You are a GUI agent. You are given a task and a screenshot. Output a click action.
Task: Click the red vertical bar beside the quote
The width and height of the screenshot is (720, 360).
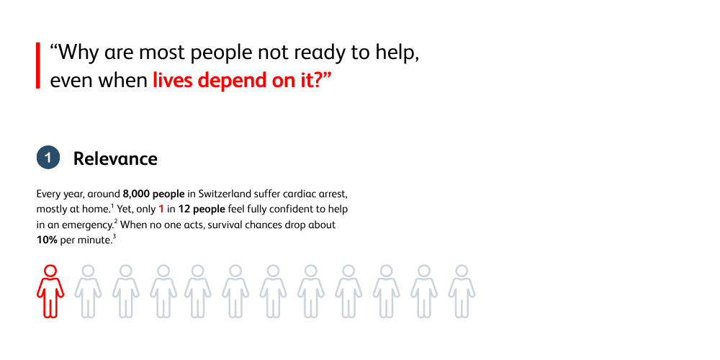click(38, 66)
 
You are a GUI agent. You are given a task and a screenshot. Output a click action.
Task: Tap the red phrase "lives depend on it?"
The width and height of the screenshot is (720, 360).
click(241, 81)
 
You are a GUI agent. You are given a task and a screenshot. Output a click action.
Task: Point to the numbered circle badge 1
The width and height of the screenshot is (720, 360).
click(48, 158)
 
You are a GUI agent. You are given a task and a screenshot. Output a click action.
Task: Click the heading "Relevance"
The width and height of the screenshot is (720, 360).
click(115, 158)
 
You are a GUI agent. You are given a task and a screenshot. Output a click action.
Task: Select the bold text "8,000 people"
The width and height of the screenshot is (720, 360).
click(154, 193)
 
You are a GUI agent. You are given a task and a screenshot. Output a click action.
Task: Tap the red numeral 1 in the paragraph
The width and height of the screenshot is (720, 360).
click(161, 210)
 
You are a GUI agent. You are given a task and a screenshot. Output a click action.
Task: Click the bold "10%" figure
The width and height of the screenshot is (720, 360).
click(47, 240)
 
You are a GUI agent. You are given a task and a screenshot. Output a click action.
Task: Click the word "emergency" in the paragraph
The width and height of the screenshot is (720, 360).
click(89, 225)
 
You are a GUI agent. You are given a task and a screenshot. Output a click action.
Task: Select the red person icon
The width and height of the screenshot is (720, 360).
click(50, 291)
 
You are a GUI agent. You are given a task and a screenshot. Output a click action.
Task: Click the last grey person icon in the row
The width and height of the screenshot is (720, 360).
click(462, 291)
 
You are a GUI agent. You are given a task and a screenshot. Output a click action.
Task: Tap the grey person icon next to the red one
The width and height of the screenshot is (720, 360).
click(88, 291)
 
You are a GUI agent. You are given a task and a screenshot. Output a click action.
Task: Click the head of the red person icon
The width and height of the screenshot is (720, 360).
click(50, 271)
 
